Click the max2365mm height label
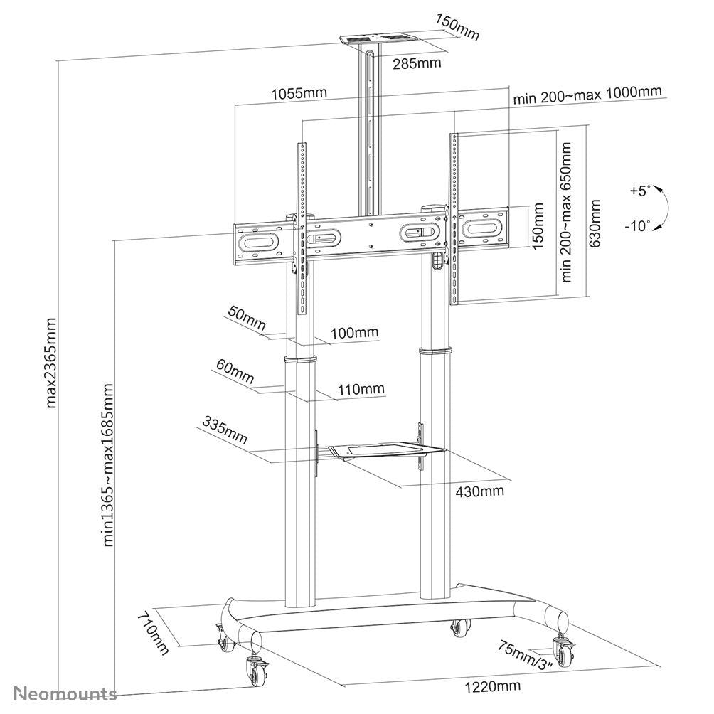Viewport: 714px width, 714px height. (52, 363)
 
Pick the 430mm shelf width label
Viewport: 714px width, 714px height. (481, 491)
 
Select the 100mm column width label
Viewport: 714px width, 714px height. (356, 332)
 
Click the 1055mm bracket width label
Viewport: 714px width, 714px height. (299, 93)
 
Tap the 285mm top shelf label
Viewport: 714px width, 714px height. (417, 63)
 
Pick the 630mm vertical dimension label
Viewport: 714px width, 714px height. (596, 213)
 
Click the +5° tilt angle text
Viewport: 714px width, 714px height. (640, 191)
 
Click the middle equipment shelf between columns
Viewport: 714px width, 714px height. (380, 449)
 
